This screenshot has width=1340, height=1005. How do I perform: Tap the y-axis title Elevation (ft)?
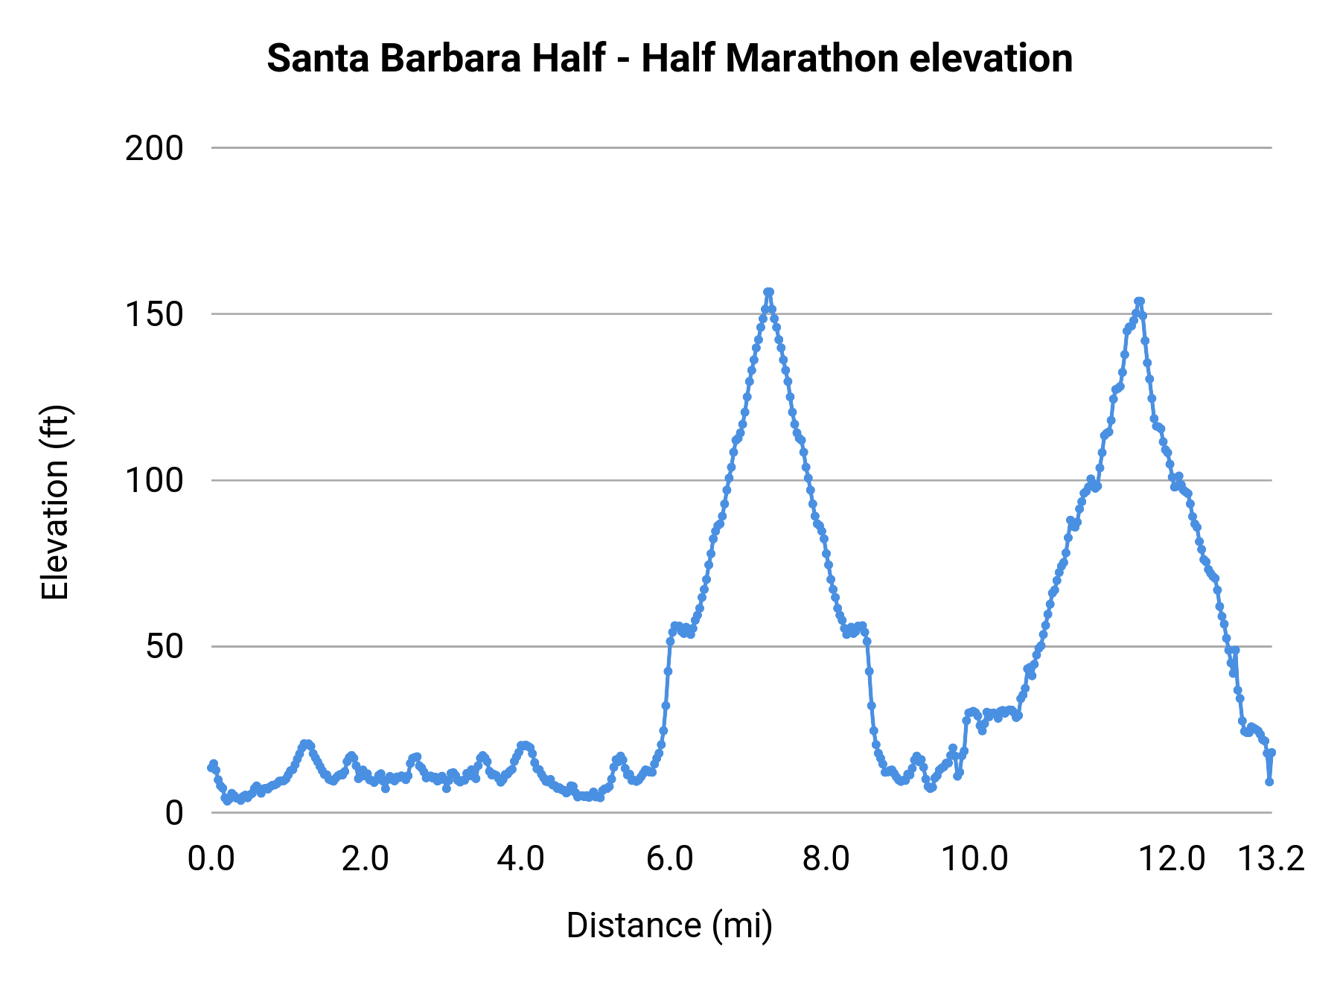54,502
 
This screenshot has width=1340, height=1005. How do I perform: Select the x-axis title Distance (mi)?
669,925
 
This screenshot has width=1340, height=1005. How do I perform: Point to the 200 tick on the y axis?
154,149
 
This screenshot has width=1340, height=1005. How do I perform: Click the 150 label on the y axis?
154,315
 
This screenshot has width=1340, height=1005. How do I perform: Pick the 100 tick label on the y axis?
154,481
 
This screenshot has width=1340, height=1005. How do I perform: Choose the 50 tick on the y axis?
164,647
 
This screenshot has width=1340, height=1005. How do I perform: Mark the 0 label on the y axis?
173,813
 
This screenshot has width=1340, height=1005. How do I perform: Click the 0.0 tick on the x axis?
211,859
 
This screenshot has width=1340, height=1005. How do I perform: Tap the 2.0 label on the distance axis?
366,859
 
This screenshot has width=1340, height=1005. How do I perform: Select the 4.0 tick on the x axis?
520,859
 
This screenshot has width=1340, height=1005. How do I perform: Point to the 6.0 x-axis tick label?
670,859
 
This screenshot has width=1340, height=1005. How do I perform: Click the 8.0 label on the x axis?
826,859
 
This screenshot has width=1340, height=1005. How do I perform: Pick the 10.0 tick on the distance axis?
974,859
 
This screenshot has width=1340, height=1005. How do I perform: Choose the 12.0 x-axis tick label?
1173,859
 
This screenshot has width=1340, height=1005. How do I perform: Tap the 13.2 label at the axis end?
1272,859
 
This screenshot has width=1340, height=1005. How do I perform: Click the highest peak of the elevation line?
768,293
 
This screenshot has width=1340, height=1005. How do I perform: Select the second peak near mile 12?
1139,301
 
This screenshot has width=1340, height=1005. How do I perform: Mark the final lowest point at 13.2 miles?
1269,782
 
